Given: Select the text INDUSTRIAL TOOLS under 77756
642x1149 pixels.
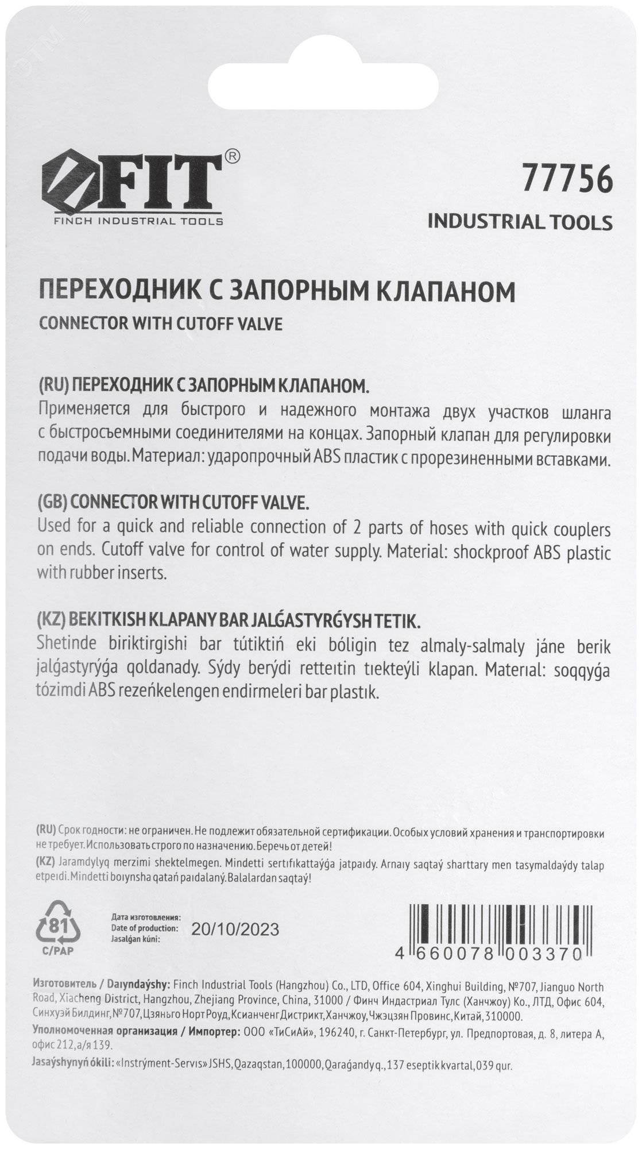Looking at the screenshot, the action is point(520,222).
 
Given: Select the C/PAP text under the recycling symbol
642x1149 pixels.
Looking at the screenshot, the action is point(57,950).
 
